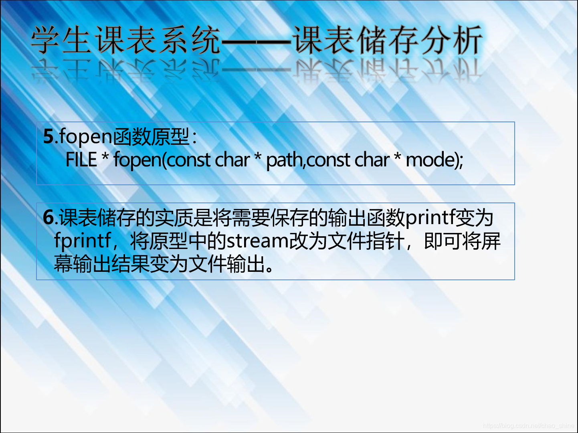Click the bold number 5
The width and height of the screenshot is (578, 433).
pos(49,136)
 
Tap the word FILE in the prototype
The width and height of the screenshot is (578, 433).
pos(81,160)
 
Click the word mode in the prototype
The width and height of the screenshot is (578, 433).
pos(430,160)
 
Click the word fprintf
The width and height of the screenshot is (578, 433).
pos(83,241)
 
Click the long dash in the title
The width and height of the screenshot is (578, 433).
pos(256,41)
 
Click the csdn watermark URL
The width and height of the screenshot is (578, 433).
pos(528,426)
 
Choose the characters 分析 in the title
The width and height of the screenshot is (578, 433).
pos(452,40)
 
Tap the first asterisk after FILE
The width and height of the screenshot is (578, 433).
pos(105,156)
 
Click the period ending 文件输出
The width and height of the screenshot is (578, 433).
pos(269,269)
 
